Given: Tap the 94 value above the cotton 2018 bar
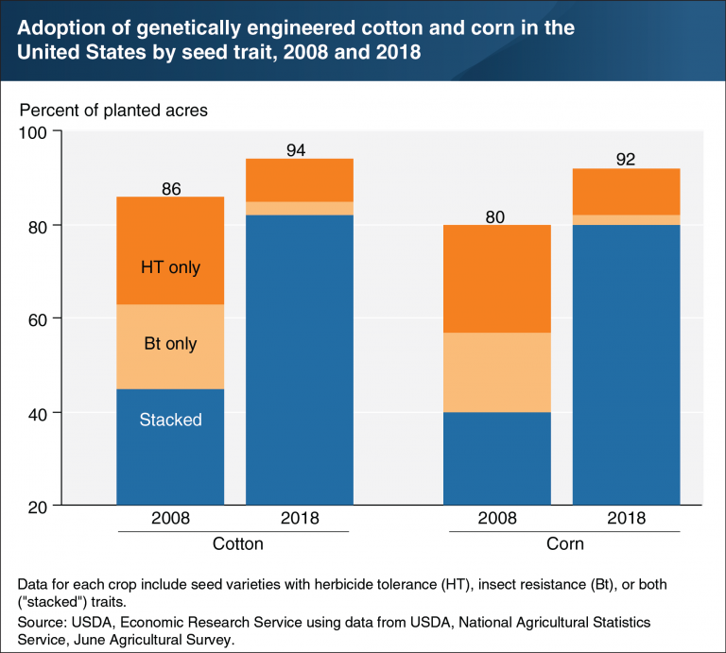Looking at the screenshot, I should coord(299,150).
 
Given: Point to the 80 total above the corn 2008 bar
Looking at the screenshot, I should coord(496,216).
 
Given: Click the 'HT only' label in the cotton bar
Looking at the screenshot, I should coord(170,267).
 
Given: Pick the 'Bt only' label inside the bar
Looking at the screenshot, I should coord(169,343).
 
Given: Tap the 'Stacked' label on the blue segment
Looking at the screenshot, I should coord(170,420).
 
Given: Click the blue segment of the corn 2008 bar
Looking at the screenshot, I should coord(497,458).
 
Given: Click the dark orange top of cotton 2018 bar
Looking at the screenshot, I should coord(299,180).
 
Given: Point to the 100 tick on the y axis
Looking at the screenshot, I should coord(75,131).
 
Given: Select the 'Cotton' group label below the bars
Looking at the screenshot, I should coord(234,544).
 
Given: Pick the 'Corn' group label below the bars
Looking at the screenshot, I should coord(562,544).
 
